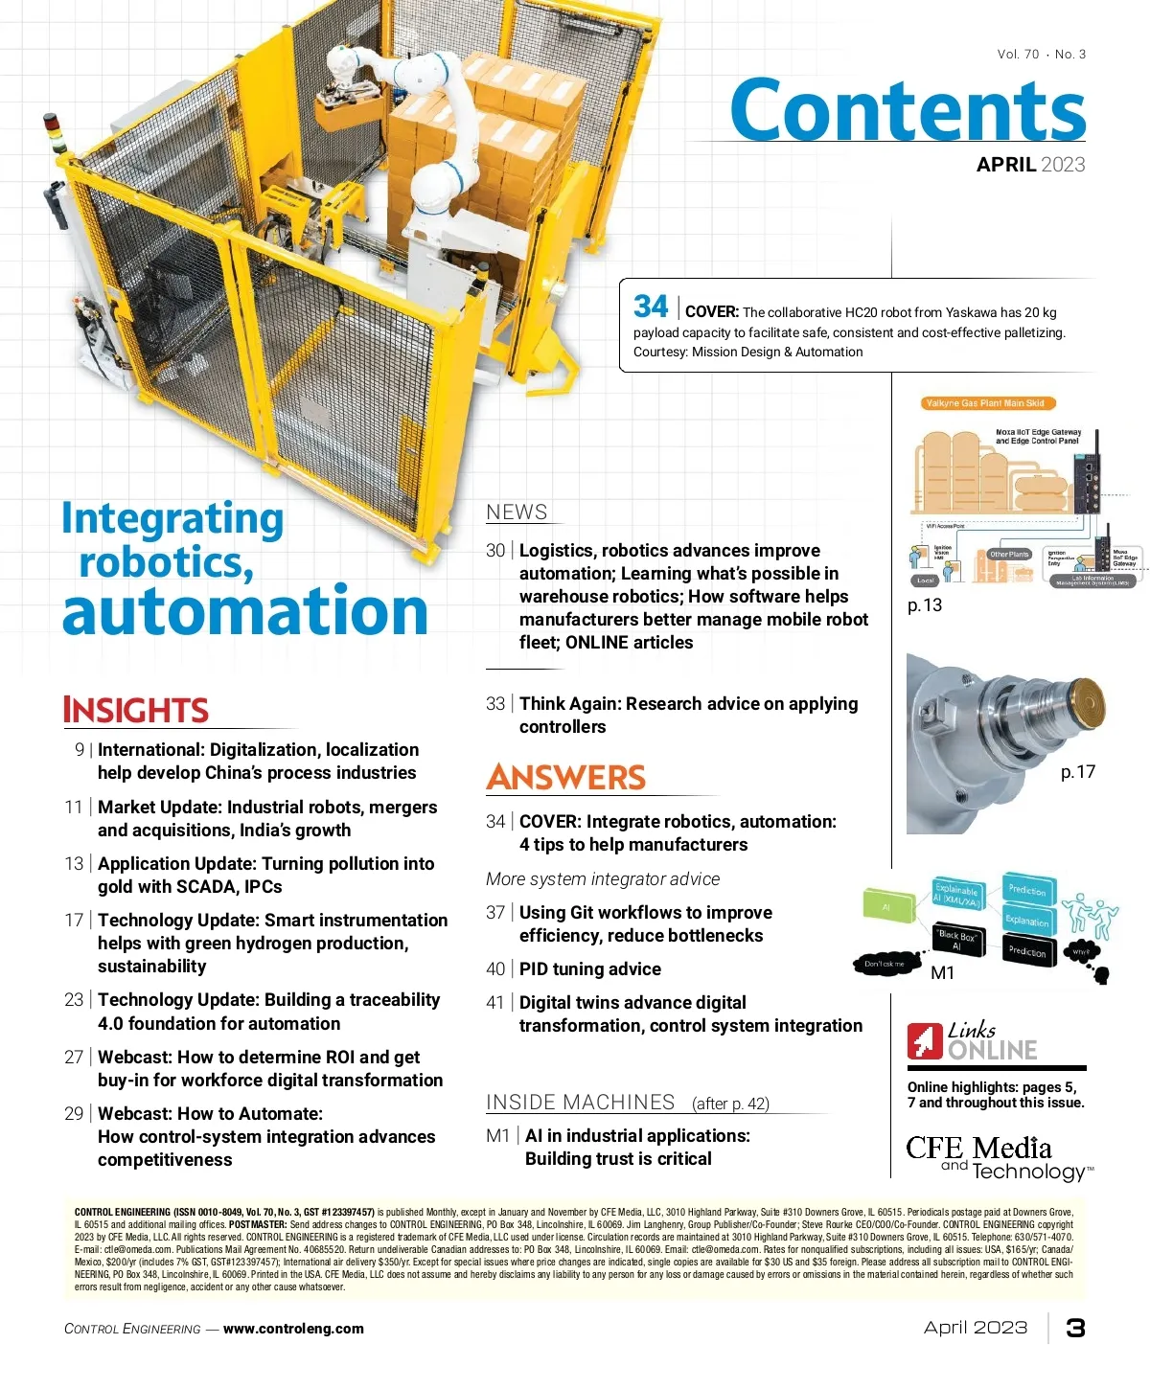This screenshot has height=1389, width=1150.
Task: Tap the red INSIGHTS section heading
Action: pyautogui.click(x=135, y=710)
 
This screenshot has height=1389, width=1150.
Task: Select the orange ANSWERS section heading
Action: pyautogui.click(x=565, y=777)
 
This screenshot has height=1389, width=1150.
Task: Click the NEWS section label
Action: pyautogui.click(x=517, y=512)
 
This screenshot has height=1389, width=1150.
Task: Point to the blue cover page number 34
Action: pyautogui.click(x=651, y=307)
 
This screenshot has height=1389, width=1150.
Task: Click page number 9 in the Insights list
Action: pyautogui.click(x=80, y=749)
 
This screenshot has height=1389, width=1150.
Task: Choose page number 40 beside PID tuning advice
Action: pyautogui.click(x=494, y=968)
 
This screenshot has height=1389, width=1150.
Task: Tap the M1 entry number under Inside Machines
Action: pyautogui.click(x=497, y=1135)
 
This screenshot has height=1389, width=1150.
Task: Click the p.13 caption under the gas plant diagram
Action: pyautogui.click(x=925, y=605)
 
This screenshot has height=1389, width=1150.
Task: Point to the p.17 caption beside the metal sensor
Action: pyautogui.click(x=1077, y=771)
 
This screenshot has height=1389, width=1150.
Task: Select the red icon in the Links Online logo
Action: pyautogui.click(x=925, y=1040)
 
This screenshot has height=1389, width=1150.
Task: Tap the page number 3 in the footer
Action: pyautogui.click(x=1075, y=1328)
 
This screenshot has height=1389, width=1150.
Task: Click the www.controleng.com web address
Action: pyautogui.click(x=293, y=1329)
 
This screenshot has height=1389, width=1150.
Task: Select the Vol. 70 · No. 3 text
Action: pyautogui.click(x=1041, y=55)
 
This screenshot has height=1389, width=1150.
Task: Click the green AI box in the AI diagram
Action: pyautogui.click(x=887, y=905)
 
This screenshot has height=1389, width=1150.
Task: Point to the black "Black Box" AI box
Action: pyautogui.click(x=955, y=940)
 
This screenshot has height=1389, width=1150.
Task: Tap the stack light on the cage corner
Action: pyautogui.click(x=55, y=133)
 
